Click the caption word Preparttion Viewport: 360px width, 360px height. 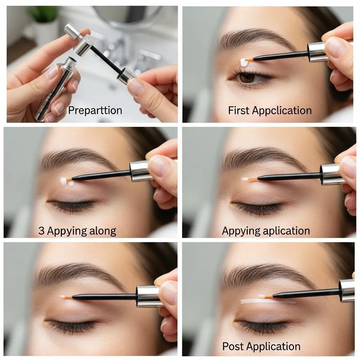tap(95, 110)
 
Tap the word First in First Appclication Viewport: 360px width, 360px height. tap(239, 110)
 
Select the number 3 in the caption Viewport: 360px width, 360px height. tap(41, 231)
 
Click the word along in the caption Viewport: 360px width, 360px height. tap(102, 231)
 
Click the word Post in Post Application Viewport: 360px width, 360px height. tap(233, 346)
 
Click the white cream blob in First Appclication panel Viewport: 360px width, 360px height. tap(244, 63)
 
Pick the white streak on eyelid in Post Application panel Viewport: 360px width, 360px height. tap(260, 301)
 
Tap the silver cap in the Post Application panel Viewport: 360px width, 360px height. tap(347, 290)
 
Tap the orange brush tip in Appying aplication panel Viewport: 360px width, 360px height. tap(250, 179)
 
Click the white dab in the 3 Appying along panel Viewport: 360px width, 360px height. tap(66, 181)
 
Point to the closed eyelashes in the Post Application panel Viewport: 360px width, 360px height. tap(264, 326)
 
